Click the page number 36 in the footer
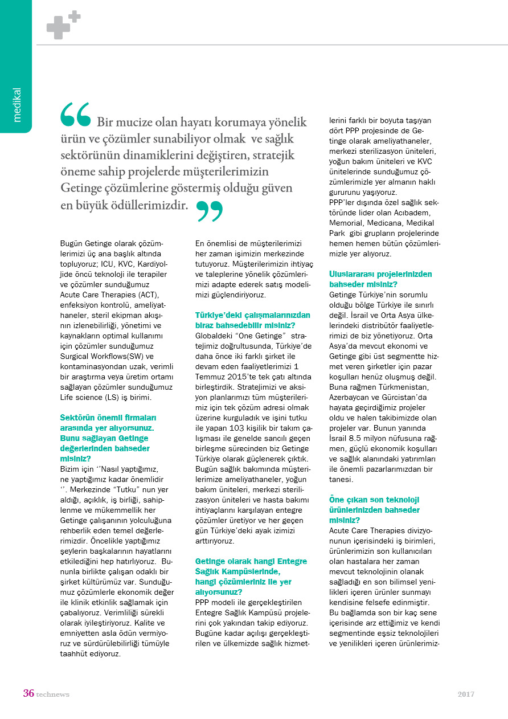[28, 694]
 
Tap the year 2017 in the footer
[466, 695]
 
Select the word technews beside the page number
[53, 695]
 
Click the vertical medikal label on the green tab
[17, 105]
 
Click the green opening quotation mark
[76, 114]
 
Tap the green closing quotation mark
[210, 211]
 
